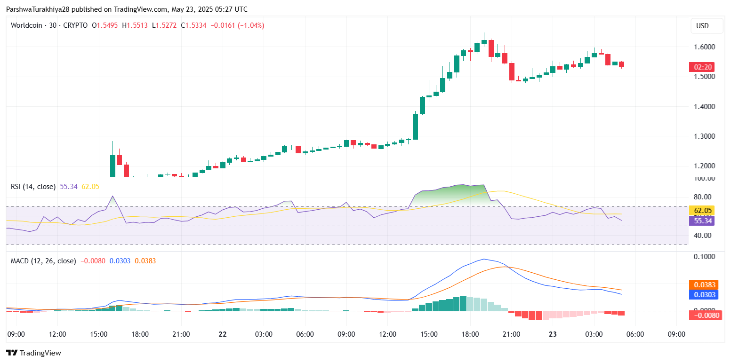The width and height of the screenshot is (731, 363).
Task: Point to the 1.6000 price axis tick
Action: (705, 47)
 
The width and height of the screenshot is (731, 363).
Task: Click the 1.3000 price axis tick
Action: (705, 136)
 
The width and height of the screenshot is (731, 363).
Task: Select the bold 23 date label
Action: (553, 334)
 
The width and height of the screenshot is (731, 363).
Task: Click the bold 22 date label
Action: (223, 334)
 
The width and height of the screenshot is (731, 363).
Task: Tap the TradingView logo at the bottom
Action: (33, 353)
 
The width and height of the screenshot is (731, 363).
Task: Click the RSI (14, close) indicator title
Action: (33, 187)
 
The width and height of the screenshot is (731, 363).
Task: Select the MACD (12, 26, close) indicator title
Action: (43, 260)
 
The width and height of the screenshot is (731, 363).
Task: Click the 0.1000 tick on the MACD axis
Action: (705, 257)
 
